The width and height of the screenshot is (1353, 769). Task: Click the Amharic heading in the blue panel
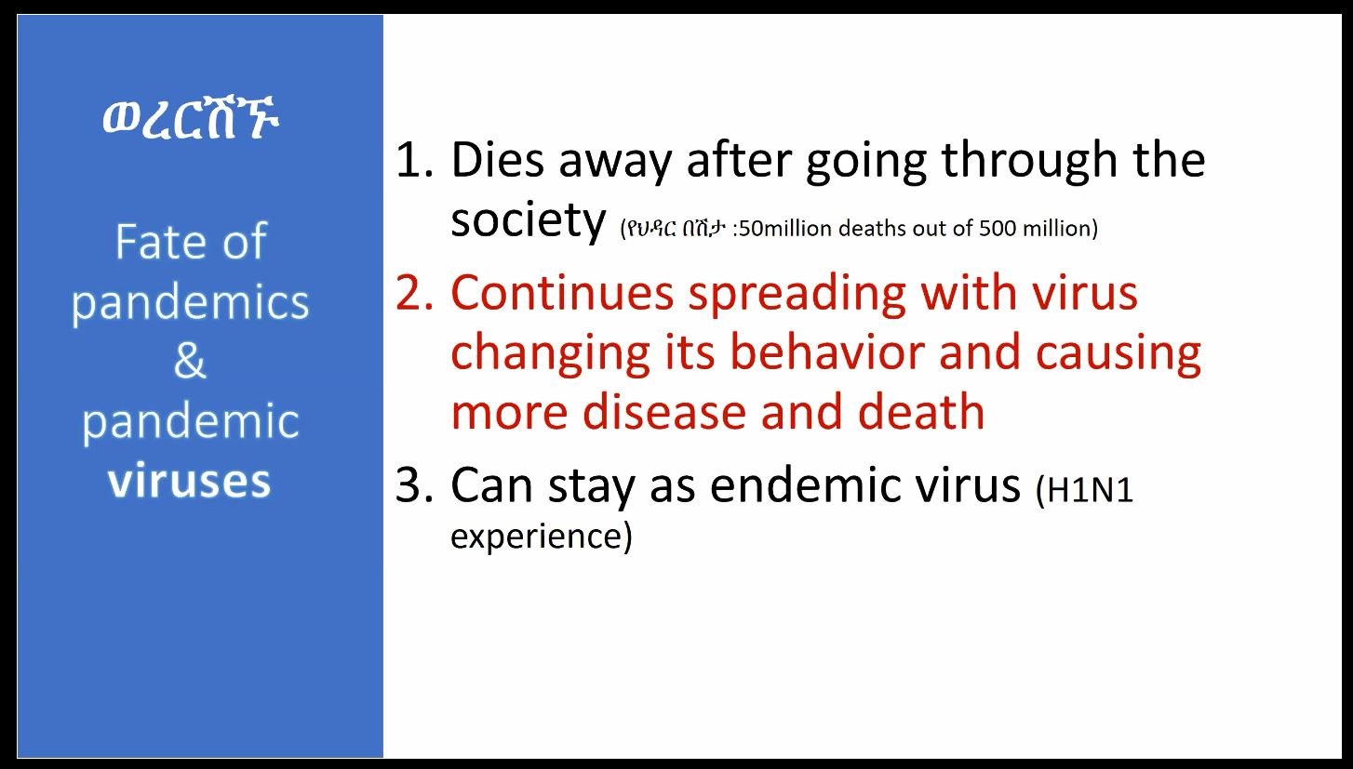click(x=191, y=118)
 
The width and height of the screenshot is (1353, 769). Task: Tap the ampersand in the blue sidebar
click(x=190, y=361)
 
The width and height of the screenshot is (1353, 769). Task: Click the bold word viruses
click(x=190, y=481)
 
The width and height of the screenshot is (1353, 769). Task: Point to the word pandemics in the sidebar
click(x=190, y=303)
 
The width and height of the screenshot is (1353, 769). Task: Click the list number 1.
click(x=414, y=160)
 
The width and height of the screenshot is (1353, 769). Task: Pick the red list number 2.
click(x=414, y=293)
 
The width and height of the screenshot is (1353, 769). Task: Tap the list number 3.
click(x=414, y=484)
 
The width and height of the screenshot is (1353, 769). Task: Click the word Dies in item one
click(x=498, y=160)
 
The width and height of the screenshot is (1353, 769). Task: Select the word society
click(x=528, y=220)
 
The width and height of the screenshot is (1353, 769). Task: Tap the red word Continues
click(x=562, y=293)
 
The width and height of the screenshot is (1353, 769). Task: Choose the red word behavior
click(x=827, y=352)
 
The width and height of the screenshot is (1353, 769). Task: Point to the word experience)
click(x=542, y=537)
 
